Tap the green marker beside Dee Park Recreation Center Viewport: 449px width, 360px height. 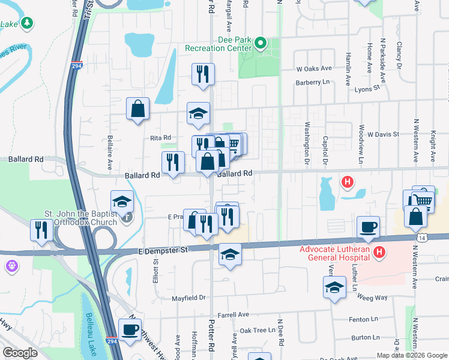pyautogui.click(x=261, y=43)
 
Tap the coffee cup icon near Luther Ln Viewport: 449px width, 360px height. pyautogui.click(x=368, y=227)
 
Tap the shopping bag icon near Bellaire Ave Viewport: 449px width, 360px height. pyautogui.click(x=137, y=110)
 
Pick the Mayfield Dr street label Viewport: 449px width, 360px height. pyautogui.click(x=188, y=298)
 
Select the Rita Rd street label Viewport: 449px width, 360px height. pyautogui.click(x=161, y=138)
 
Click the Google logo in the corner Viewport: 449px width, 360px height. pyautogui.click(x=20, y=353)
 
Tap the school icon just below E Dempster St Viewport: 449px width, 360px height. pyautogui.click(x=230, y=254)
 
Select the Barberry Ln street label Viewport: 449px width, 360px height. pyautogui.click(x=313, y=82)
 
